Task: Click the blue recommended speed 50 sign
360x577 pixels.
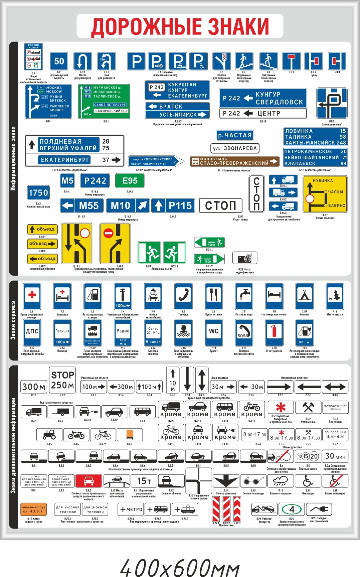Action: click(x=59, y=61)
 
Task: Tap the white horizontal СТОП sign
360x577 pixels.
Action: click(x=220, y=205)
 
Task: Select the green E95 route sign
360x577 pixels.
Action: click(x=130, y=181)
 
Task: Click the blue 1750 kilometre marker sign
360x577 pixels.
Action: click(x=38, y=192)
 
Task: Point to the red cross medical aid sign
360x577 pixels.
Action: click(x=32, y=296)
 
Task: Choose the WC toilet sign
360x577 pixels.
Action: click(x=214, y=332)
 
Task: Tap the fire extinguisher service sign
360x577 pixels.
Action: click(x=274, y=332)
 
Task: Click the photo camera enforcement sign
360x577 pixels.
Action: click(x=245, y=258)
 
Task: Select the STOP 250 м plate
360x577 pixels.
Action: click(x=62, y=380)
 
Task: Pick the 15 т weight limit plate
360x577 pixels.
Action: click(x=144, y=481)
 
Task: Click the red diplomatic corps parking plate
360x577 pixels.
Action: click(x=88, y=481)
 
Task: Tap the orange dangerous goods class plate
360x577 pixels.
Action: click(x=33, y=509)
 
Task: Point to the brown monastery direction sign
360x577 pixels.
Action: click(x=234, y=161)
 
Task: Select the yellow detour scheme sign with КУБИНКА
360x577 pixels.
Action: click(x=325, y=194)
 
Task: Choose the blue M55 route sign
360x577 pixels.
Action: click(x=81, y=205)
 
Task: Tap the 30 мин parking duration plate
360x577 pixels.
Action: click(x=335, y=456)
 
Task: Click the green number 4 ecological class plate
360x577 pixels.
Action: click(x=292, y=509)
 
